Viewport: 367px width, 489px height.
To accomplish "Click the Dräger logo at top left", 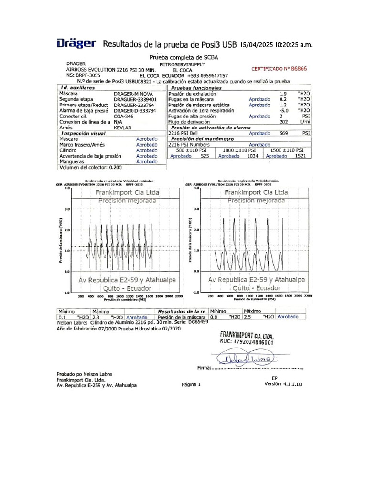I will [76, 44].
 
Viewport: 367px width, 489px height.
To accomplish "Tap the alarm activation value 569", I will [283, 134].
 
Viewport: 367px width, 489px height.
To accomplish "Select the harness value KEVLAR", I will [122, 128].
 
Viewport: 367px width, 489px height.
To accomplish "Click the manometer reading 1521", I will [301, 156].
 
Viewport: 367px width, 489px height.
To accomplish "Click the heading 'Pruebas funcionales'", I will [196, 88].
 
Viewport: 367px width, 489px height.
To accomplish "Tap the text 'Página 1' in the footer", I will [192, 384].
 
